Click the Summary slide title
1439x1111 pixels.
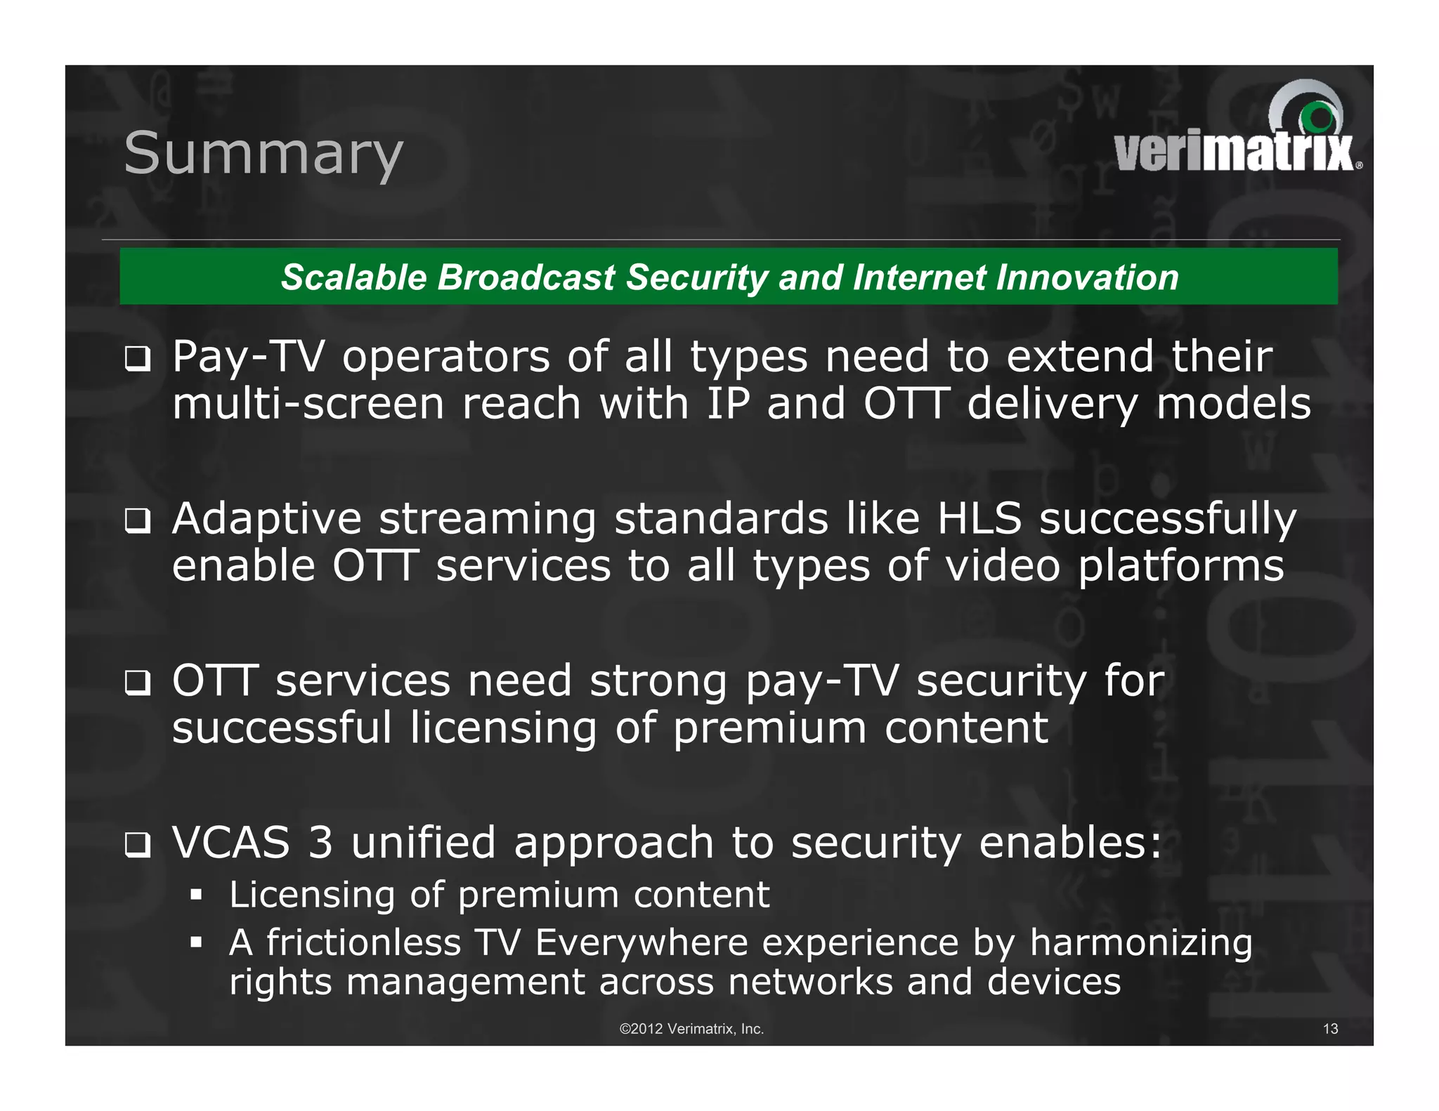(263, 154)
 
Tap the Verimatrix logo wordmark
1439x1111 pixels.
(1234, 152)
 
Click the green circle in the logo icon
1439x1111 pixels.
(1319, 117)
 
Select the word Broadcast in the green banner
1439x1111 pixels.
(526, 277)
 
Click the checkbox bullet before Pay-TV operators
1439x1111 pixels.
(137, 360)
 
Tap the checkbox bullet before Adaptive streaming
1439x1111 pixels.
(137, 522)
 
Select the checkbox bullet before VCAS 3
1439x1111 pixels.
(137, 846)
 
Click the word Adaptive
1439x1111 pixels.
(267, 520)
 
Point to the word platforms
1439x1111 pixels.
(1180, 566)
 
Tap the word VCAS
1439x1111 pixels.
(231, 842)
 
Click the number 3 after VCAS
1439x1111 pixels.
(320, 842)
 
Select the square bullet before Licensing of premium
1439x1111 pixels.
(196, 895)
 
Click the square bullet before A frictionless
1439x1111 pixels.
(196, 942)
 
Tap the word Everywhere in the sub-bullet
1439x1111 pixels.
(641, 942)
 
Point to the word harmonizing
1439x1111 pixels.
(1140, 943)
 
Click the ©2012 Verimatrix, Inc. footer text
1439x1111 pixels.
(691, 1029)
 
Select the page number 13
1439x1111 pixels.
(1330, 1029)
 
